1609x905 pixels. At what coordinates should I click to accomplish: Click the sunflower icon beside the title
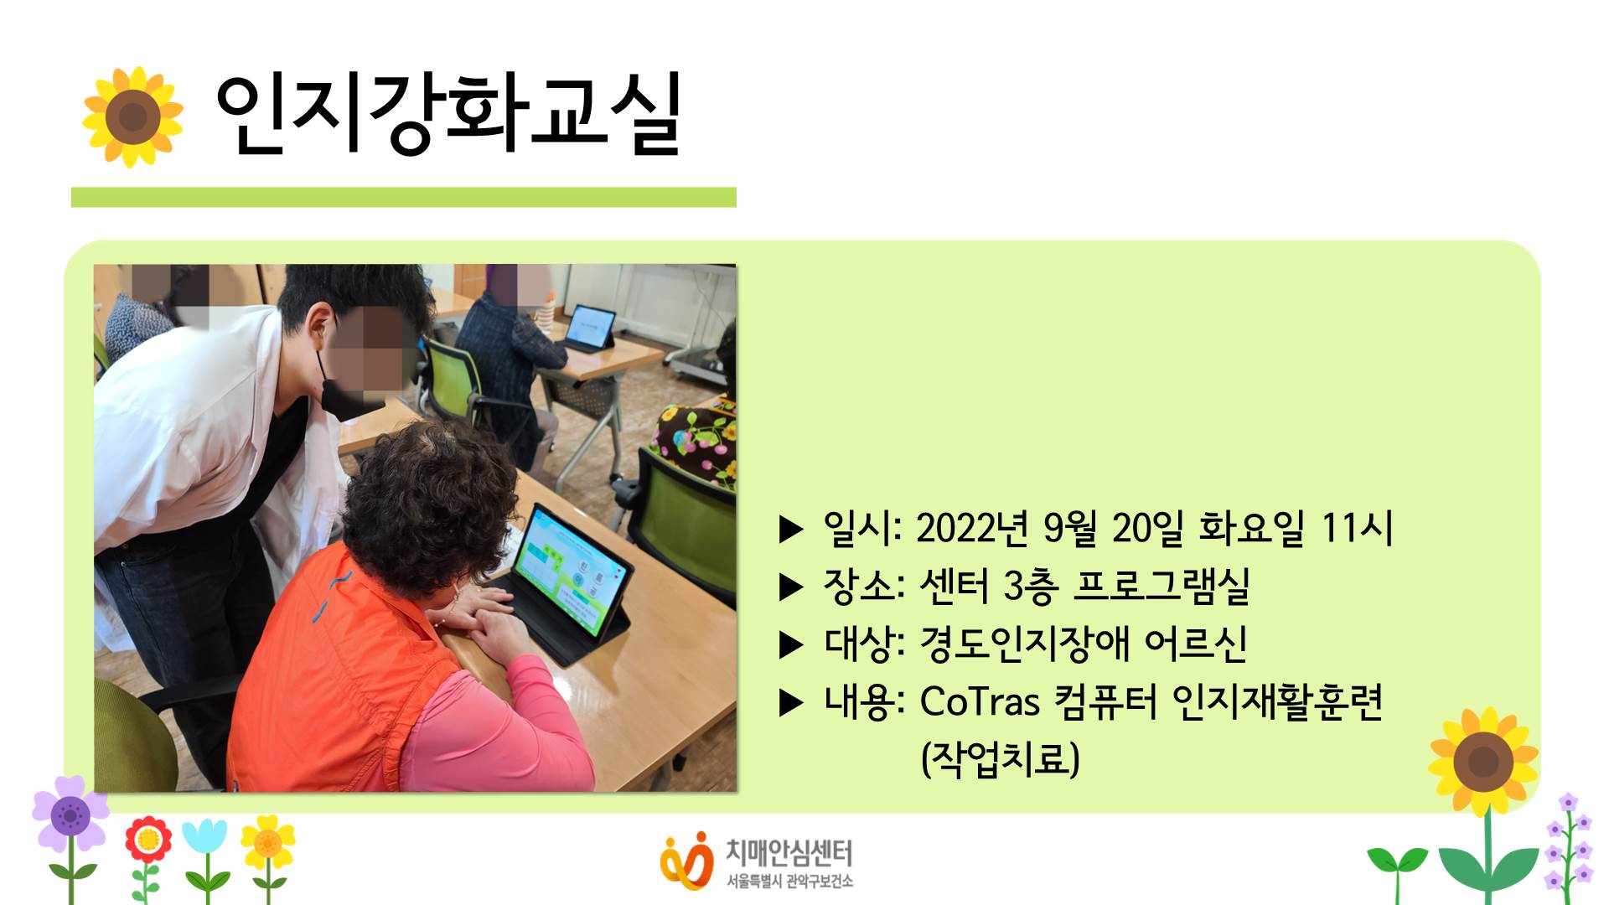[132, 116]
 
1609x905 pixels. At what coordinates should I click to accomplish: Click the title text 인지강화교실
[449, 115]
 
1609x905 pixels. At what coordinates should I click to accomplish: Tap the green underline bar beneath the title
[404, 197]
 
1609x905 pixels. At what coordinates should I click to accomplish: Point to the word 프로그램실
[1161, 586]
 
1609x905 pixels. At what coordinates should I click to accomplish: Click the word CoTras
[980, 701]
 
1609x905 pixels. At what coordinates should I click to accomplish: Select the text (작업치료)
[1000, 758]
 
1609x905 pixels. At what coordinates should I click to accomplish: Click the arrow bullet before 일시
[791, 530]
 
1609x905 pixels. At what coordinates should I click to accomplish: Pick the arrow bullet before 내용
[791, 703]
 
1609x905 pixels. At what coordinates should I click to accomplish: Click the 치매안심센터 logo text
[789, 853]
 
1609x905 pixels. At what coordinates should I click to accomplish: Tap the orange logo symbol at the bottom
[686, 861]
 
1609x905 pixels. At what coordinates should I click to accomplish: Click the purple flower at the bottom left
[70, 814]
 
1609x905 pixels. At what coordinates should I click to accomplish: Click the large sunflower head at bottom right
[1483, 762]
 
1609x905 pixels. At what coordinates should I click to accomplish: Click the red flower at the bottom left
[148, 839]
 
